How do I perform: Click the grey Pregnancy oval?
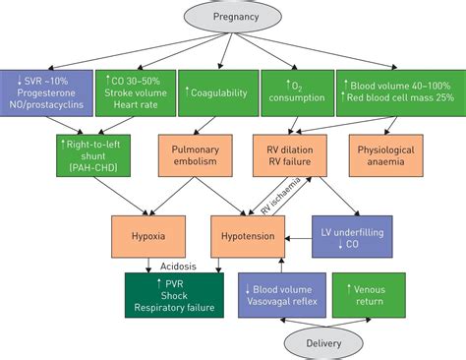233,18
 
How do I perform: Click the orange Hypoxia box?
146,236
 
